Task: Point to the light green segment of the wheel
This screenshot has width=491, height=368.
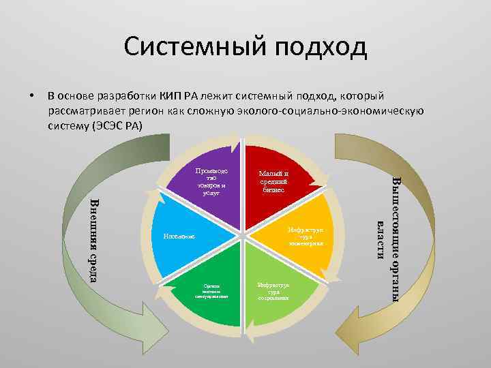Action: click(x=276, y=290)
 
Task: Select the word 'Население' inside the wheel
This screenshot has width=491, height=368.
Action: click(x=179, y=236)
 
